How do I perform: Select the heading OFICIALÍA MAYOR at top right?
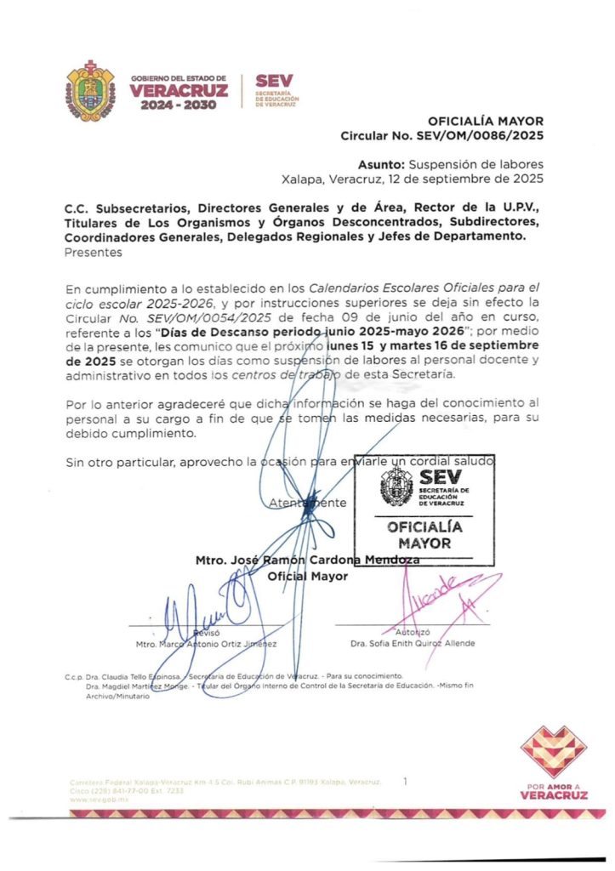[485, 122]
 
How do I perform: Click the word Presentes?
[94, 252]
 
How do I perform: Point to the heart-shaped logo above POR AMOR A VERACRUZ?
[553, 752]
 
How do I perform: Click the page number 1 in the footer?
[406, 779]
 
